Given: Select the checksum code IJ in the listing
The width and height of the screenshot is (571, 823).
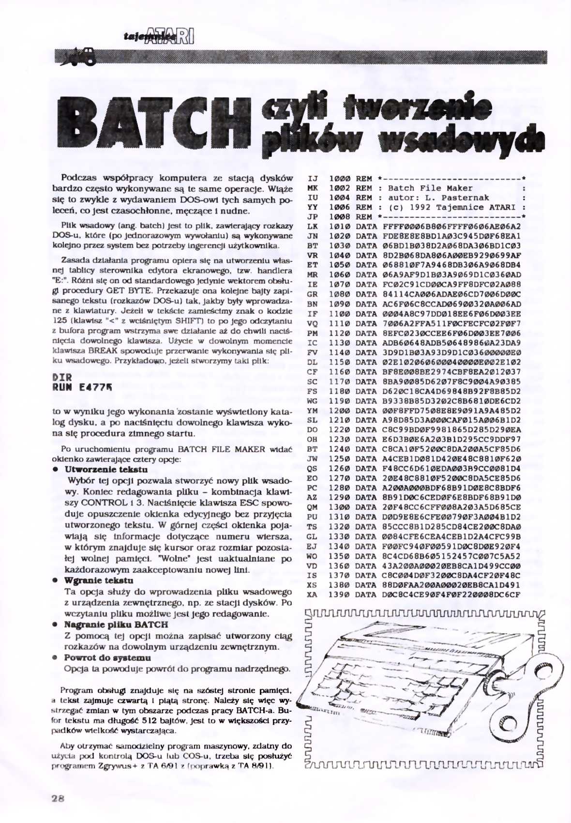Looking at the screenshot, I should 312,179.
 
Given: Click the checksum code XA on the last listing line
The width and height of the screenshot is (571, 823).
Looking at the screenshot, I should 312,594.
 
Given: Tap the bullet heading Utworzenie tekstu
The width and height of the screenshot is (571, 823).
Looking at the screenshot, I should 106,469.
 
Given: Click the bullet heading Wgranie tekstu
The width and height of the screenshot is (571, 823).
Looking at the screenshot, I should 99,580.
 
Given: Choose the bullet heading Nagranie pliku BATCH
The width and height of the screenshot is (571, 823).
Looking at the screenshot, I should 116,625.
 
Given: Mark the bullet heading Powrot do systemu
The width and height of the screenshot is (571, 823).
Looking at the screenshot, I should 107,657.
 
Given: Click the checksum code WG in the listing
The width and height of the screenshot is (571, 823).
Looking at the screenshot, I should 312,401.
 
